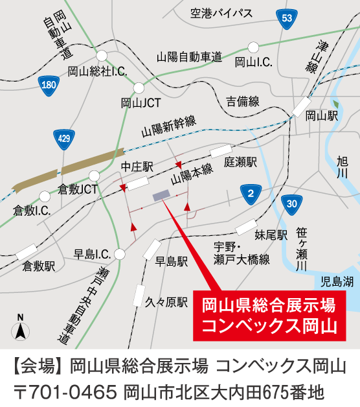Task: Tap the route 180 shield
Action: click(x=48, y=85)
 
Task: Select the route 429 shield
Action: click(x=63, y=139)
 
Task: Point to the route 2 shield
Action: click(x=249, y=192)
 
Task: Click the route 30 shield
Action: click(x=291, y=204)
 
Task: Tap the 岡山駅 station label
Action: click(x=322, y=116)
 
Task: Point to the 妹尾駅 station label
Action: click(x=270, y=235)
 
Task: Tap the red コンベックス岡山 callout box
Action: click(x=269, y=314)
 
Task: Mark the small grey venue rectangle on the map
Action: click(x=160, y=195)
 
